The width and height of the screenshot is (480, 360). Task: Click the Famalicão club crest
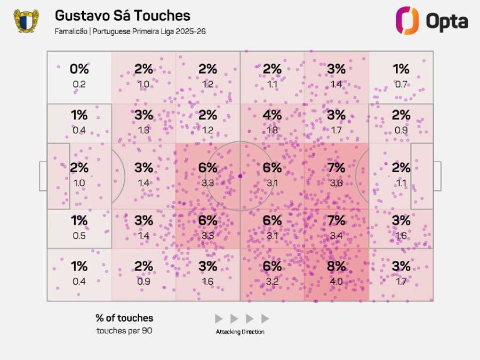click(x=26, y=21)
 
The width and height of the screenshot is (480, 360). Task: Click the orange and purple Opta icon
click(x=407, y=21)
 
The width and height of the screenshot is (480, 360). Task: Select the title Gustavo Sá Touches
click(x=122, y=15)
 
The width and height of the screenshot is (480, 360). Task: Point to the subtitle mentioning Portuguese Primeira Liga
click(x=130, y=31)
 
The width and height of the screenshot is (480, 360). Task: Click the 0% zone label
click(x=79, y=69)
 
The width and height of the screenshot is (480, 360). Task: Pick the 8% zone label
click(x=337, y=266)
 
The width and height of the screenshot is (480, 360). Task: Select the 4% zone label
click(x=272, y=115)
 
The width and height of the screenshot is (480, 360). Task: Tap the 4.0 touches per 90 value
click(x=337, y=281)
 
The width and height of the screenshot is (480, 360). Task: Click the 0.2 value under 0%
click(x=79, y=84)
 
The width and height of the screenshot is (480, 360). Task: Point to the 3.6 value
click(x=337, y=183)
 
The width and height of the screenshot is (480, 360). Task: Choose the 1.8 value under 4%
click(x=272, y=130)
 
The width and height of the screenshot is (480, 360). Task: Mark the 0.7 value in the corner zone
click(x=401, y=84)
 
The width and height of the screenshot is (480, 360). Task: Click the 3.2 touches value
click(x=272, y=281)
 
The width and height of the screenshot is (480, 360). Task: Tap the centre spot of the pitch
click(x=240, y=175)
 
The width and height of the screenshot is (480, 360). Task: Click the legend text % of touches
click(x=124, y=318)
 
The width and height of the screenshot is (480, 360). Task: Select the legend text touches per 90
click(x=124, y=331)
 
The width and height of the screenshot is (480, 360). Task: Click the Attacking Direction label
click(x=240, y=332)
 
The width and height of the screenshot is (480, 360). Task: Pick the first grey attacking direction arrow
click(x=219, y=318)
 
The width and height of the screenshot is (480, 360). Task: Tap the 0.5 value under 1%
click(x=79, y=235)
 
